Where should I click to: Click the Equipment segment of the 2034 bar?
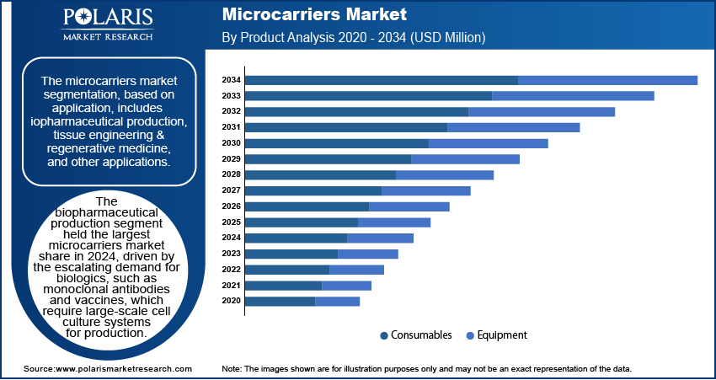607,80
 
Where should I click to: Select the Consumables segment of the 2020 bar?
280,301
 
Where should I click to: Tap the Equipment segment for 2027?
426,190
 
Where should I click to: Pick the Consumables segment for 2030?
337,143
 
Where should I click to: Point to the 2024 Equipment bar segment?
380,238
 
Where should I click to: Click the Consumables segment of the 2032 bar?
356,111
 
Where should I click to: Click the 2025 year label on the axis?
231,222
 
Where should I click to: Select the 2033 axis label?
231,96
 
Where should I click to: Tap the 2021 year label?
231,286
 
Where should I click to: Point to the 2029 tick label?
231,159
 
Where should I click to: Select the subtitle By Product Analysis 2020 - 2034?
353,38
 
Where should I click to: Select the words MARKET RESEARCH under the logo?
107,37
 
